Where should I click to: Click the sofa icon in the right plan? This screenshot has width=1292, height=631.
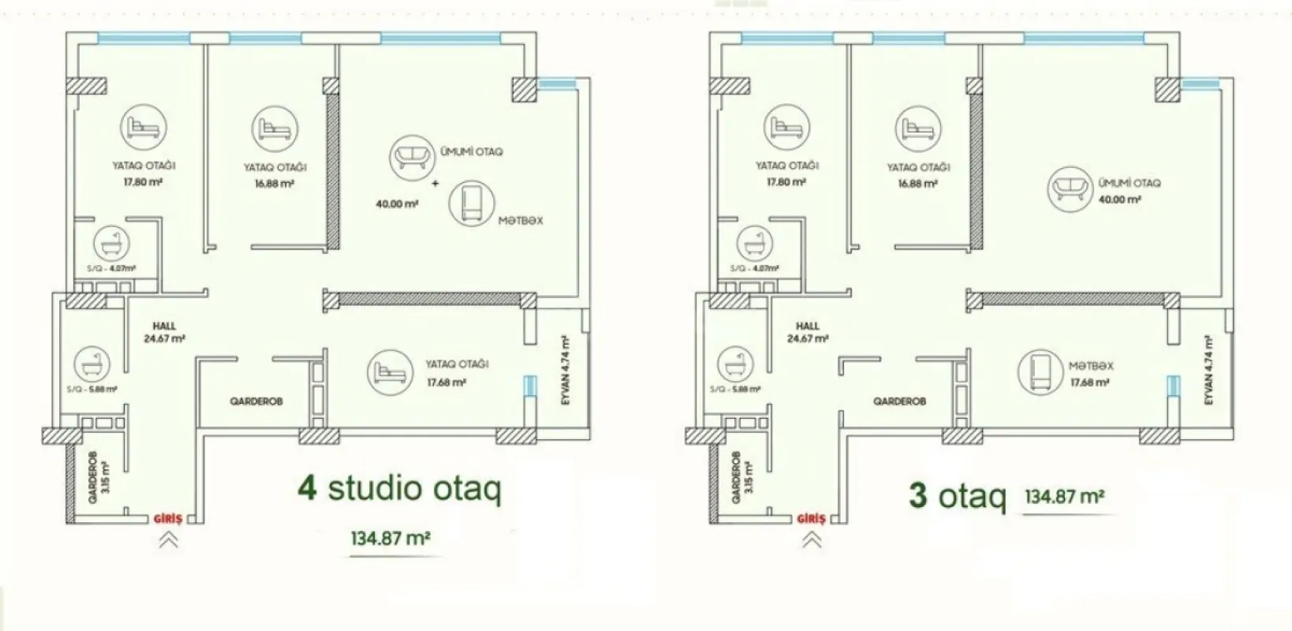click(x=1070, y=188)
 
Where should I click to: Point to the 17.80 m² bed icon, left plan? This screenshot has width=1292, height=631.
click(x=144, y=127)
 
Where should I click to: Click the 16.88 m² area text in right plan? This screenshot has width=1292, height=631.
click(x=917, y=184)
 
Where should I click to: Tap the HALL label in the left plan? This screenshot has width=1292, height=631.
click(x=164, y=326)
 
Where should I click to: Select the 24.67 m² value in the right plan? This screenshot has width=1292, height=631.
click(x=808, y=339)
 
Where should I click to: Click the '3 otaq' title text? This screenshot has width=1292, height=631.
click(x=957, y=497)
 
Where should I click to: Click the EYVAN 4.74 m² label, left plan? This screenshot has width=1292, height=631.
click(x=565, y=371)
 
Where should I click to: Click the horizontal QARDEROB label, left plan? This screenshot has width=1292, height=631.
click(x=256, y=401)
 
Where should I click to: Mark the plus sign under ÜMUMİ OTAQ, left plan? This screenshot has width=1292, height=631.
click(x=435, y=183)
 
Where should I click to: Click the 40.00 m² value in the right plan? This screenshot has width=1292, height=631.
click(x=1119, y=200)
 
